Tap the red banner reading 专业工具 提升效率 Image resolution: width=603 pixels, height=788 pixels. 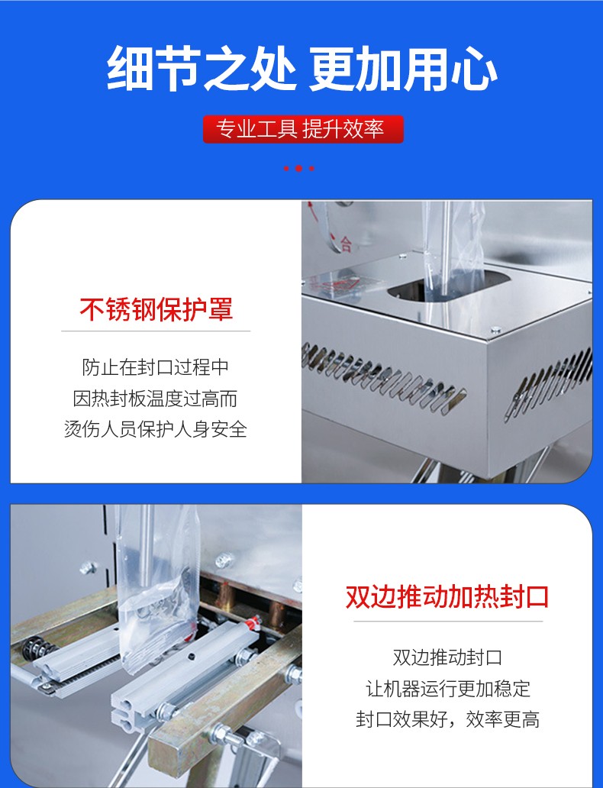tap(302, 130)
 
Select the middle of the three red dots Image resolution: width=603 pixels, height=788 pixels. tap(299, 168)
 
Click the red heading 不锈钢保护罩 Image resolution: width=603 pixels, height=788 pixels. tap(156, 309)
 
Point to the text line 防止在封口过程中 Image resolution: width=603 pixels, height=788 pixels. tap(156, 367)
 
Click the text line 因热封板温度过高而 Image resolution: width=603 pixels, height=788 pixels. tap(156, 398)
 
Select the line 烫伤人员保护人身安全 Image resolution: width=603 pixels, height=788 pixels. tap(156, 429)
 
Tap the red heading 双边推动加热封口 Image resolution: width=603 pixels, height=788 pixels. tap(447, 596)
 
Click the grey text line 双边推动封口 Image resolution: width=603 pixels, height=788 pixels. tap(447, 657)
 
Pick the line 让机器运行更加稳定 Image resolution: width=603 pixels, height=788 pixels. tap(447, 689)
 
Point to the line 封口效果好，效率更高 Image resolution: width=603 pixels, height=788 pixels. tap(447, 719)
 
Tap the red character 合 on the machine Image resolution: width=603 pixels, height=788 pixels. tap(346, 244)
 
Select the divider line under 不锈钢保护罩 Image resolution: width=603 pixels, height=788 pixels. tap(156, 331)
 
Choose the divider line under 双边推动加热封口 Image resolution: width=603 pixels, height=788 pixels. tap(447, 622)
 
